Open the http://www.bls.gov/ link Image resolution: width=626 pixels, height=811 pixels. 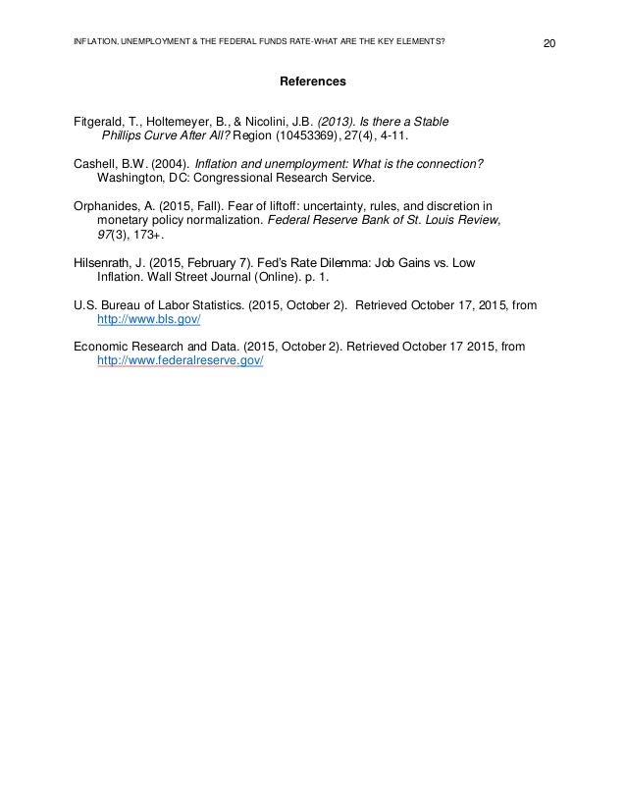point(149,320)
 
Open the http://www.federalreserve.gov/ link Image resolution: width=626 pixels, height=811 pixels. point(182,360)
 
